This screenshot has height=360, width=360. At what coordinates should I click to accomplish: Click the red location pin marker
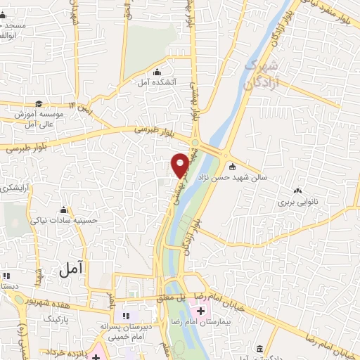180,165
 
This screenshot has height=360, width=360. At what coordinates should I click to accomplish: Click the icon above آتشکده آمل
156,72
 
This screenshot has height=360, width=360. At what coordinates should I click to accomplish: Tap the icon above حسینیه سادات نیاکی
64,210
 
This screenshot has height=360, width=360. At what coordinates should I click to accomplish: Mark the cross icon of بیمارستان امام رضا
201,310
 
